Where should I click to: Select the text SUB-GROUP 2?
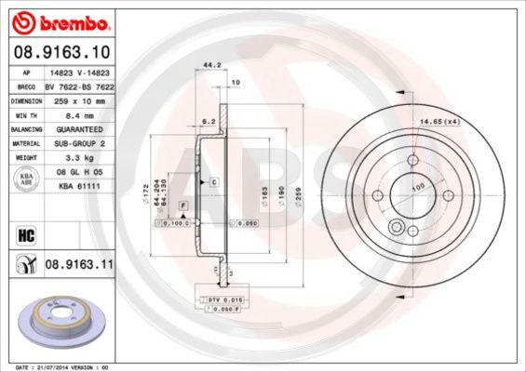(77, 144)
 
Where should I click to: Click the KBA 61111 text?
(77, 187)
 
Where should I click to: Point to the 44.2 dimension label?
(211, 65)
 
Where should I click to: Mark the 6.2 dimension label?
(210, 122)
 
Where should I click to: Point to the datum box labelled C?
(213, 182)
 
